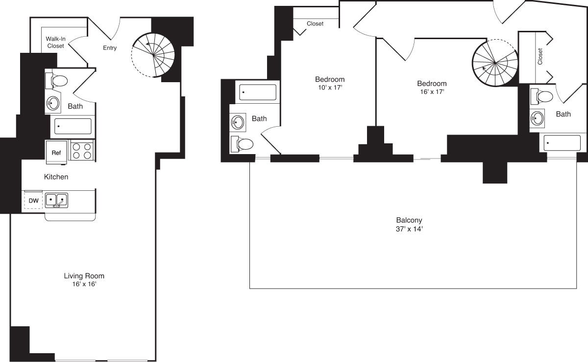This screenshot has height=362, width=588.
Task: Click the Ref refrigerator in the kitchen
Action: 56,152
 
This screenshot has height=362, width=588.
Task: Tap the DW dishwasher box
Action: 33,201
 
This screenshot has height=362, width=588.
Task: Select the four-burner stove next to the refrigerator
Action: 82,150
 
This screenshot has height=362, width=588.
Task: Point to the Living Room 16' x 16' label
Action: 84,280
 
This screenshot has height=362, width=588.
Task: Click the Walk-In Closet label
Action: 56,42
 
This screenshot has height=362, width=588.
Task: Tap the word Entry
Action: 109,48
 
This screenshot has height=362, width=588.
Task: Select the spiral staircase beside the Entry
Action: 153,55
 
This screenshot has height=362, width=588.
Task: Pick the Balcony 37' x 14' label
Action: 410,224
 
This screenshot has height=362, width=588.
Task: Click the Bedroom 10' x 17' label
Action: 329,83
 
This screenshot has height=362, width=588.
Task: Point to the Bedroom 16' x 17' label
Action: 432,87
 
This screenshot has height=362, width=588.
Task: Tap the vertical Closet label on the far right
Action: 540,56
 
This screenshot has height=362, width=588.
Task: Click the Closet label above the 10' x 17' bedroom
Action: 315,23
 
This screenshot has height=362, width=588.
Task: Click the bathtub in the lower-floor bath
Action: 73,126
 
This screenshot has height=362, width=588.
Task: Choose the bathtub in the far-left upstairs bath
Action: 258,92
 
